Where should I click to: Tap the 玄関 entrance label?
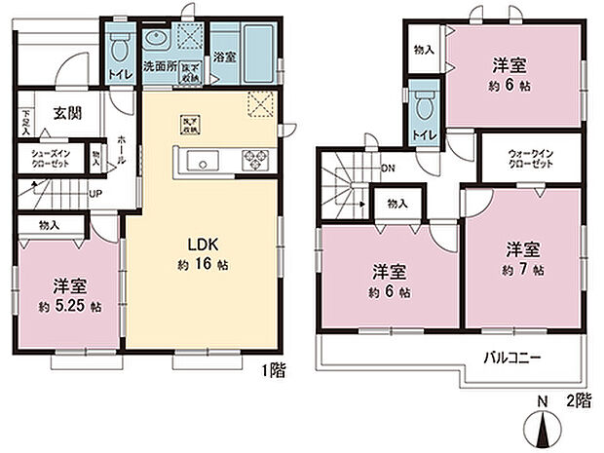click(66, 113)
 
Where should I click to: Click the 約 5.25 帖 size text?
click(70, 305)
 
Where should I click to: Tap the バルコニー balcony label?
click(512, 358)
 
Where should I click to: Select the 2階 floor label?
click(580, 400)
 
